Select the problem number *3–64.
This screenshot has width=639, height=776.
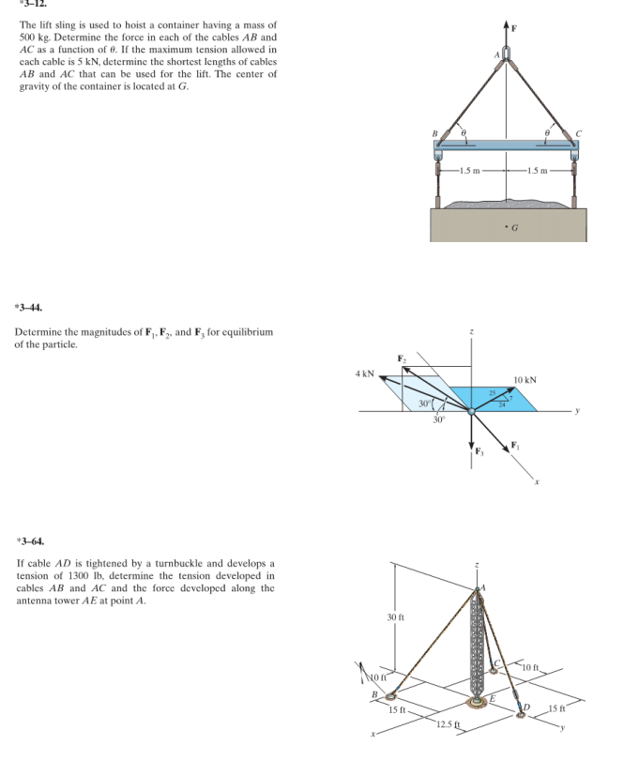pos(29,541)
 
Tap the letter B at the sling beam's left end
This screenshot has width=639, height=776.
pos(434,132)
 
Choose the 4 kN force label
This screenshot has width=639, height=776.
pos(365,373)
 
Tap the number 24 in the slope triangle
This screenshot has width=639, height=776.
pos(501,406)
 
